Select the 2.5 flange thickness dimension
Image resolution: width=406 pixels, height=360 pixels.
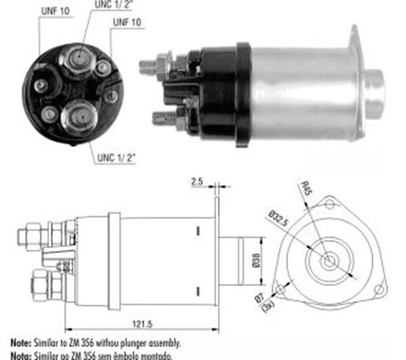tap(197, 182)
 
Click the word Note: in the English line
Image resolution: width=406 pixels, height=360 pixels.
tap(22, 344)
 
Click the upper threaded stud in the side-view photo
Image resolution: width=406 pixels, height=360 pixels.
tap(149, 66)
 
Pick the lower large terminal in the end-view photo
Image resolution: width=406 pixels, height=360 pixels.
tap(78, 115)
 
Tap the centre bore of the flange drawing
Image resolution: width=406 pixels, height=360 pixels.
tap(329, 261)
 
